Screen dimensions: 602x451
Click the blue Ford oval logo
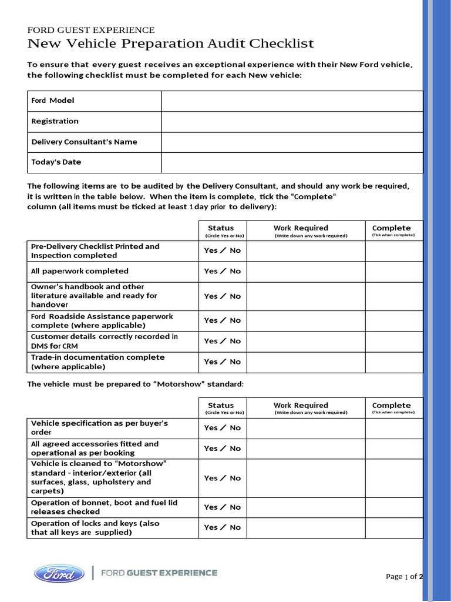(x=55, y=573)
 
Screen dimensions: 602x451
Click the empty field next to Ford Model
(x=292, y=101)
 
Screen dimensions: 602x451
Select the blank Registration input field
(x=292, y=122)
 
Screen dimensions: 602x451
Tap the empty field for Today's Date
(x=292, y=162)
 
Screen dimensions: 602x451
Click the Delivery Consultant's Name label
(x=84, y=142)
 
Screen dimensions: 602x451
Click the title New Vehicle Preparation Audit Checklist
(x=171, y=44)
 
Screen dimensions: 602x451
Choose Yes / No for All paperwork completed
(x=222, y=272)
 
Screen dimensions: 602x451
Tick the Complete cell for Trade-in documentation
(x=393, y=362)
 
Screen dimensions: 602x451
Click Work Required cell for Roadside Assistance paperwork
(x=306, y=321)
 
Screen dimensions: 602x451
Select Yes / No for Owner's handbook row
(x=222, y=296)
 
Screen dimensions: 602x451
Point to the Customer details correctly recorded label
(x=104, y=342)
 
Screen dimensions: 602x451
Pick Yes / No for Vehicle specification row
(x=222, y=428)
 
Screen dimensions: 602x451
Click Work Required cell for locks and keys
(x=306, y=528)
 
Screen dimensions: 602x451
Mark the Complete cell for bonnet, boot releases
(x=393, y=507)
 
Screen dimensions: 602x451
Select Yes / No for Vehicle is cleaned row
(x=222, y=478)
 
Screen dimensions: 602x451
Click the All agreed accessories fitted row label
(x=95, y=449)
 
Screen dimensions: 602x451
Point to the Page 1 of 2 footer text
(x=404, y=577)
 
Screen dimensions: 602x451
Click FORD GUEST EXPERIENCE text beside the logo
(x=159, y=573)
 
